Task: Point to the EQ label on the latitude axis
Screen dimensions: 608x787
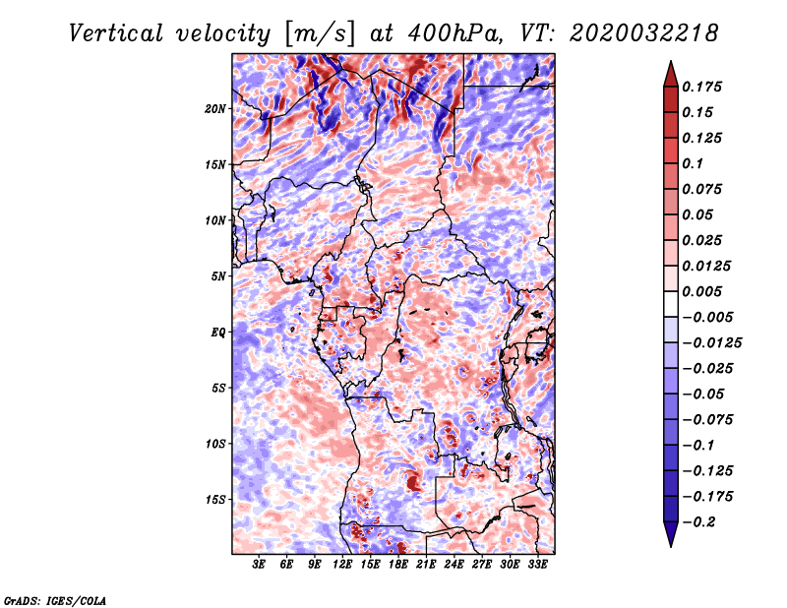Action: click(219, 332)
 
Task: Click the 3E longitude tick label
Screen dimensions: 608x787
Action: click(260, 566)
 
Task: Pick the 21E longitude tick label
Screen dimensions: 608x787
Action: click(426, 566)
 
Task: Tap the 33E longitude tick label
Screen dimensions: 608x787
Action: click(537, 566)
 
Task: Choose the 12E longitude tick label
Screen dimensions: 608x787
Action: click(342, 566)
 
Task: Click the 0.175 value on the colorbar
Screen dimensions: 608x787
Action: click(704, 87)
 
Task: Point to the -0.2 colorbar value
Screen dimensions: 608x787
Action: click(704, 521)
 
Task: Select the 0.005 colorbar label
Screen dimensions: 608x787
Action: click(704, 291)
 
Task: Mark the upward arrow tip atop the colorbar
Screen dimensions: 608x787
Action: click(670, 64)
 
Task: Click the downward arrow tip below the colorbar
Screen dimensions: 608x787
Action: click(670, 542)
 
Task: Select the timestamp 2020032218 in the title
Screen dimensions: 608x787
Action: click(630, 33)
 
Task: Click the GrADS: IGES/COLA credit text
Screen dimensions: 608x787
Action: click(54, 599)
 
